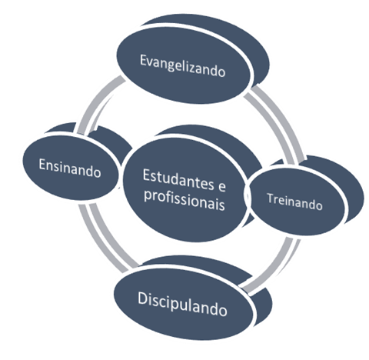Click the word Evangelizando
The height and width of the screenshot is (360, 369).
point(183,65)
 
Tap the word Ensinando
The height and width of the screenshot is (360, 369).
point(70,168)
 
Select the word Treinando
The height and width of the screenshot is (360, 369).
point(294,202)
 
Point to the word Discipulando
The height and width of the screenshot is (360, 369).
point(182,305)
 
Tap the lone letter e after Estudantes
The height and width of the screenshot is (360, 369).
point(222,187)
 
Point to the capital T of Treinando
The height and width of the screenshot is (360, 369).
point(271,198)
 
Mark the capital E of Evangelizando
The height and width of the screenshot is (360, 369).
point(144,61)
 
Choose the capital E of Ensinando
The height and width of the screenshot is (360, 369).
point(42,164)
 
